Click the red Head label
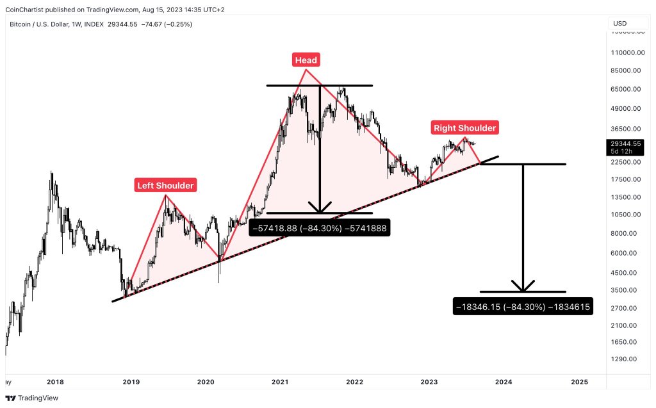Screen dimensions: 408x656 click(x=306, y=60)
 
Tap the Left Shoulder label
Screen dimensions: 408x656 click(x=165, y=186)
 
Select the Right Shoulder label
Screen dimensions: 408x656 click(x=464, y=128)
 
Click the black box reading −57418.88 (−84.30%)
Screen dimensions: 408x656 click(x=320, y=227)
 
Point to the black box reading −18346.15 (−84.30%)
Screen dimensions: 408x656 click(x=523, y=307)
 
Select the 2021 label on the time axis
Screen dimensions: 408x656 click(x=280, y=382)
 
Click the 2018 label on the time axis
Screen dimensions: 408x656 click(x=56, y=382)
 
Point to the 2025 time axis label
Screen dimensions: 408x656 click(x=578, y=382)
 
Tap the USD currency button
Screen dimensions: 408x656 click(x=619, y=24)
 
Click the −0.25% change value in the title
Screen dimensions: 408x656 click(x=178, y=24)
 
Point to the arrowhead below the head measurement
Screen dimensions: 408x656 click(x=320, y=208)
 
